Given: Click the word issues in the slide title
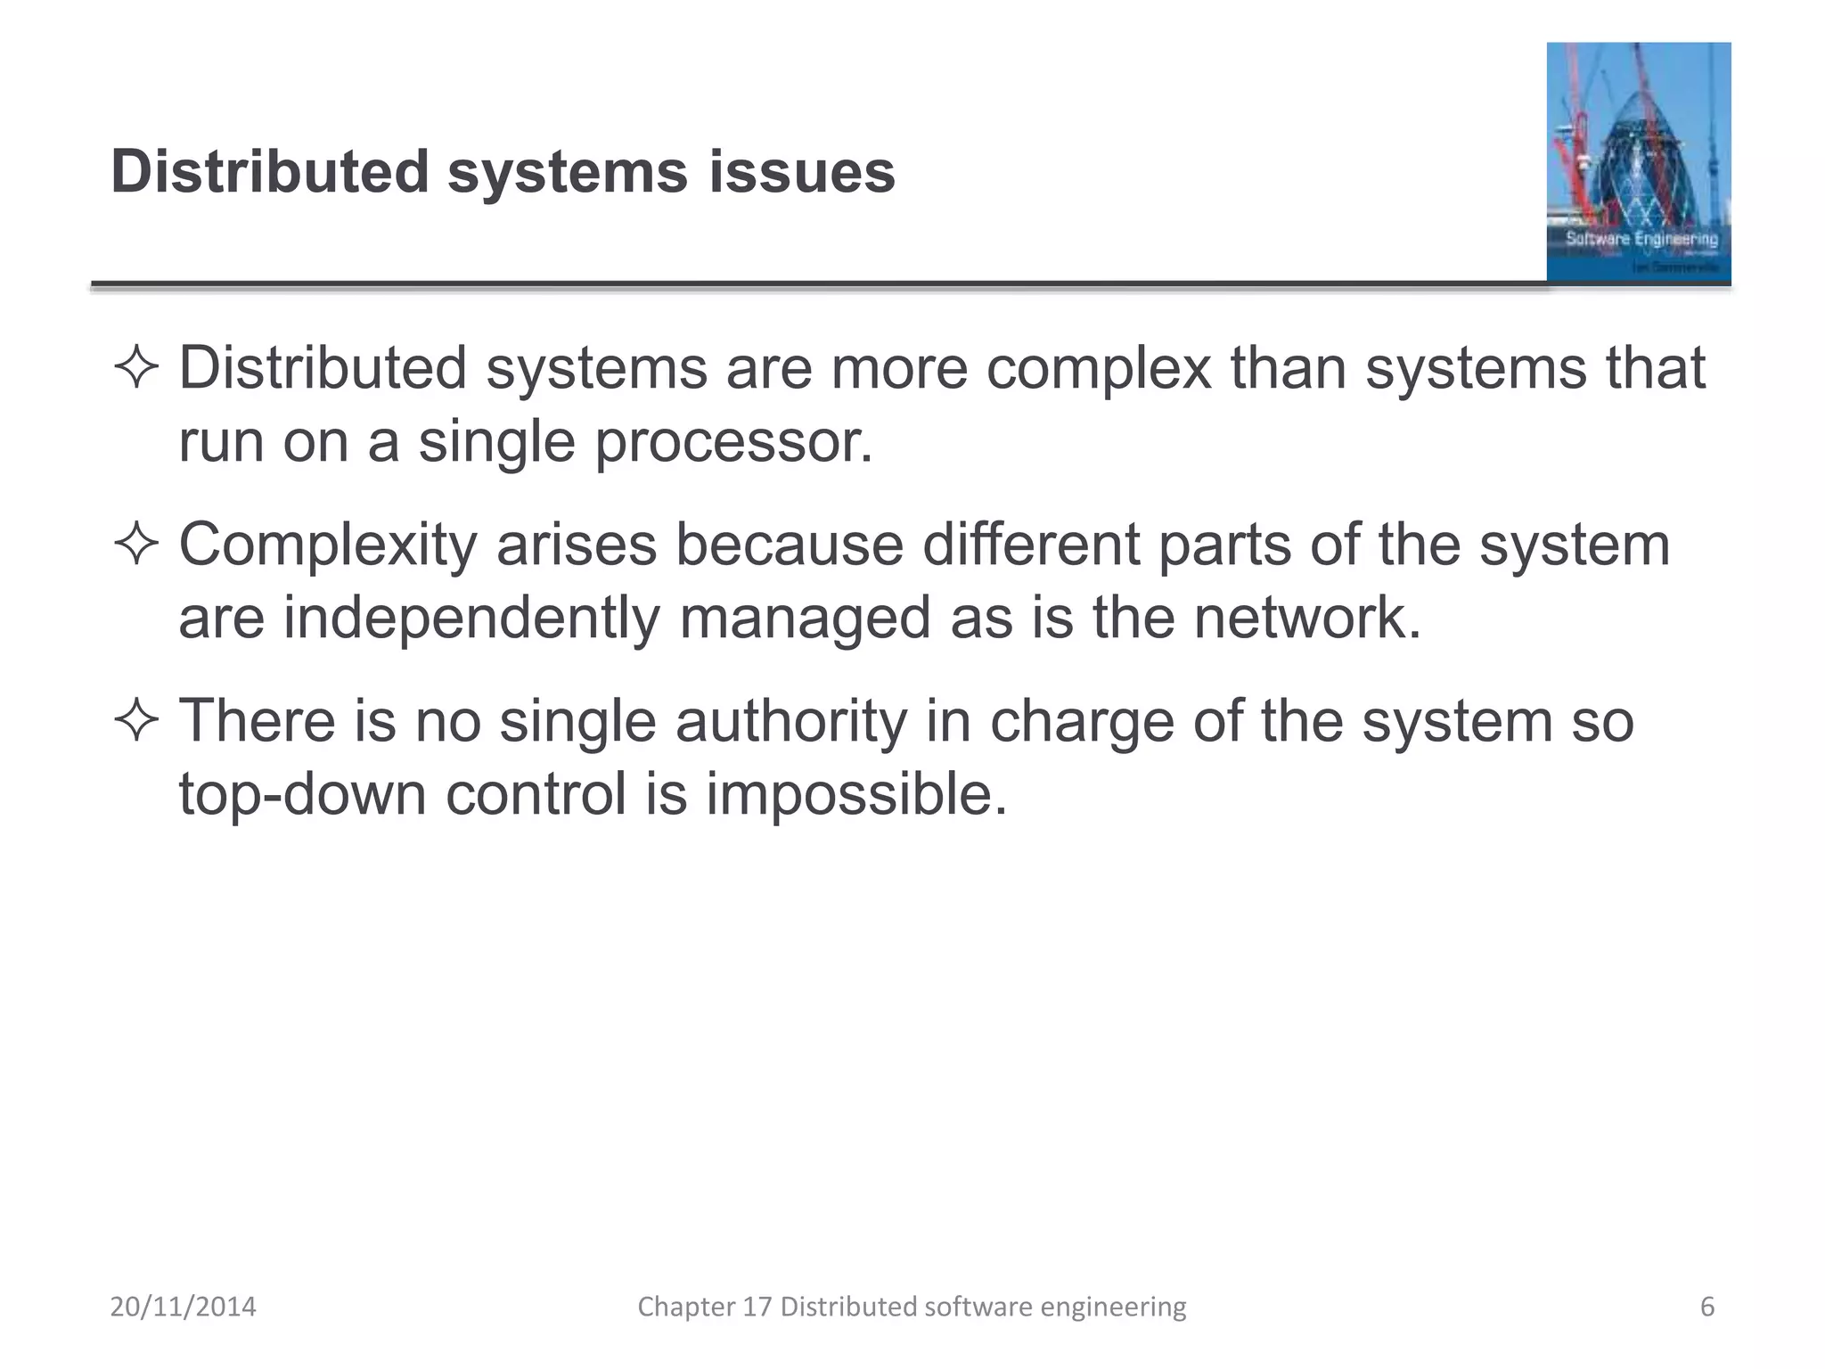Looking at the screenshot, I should point(802,171).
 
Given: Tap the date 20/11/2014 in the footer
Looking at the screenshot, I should point(183,1307).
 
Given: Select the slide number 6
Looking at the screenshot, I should point(1706,1307).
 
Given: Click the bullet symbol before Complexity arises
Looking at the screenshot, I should point(136,545).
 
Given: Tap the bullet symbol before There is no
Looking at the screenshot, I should point(136,721).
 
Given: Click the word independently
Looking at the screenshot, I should point(471,619).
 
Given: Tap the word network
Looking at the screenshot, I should point(1306,617).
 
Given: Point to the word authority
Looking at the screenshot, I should point(790,721).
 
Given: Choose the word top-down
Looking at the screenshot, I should point(302,794).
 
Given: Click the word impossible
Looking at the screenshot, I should point(855,792).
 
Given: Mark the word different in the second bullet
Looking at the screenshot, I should point(1031,544).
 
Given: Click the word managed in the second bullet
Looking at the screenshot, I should point(805,619).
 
